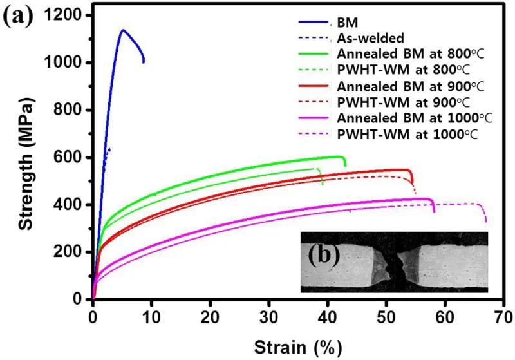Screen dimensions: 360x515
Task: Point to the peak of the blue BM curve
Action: tap(122, 30)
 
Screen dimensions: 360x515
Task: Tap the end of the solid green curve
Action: tap(346, 166)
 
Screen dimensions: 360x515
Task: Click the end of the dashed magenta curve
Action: tap(486, 222)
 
